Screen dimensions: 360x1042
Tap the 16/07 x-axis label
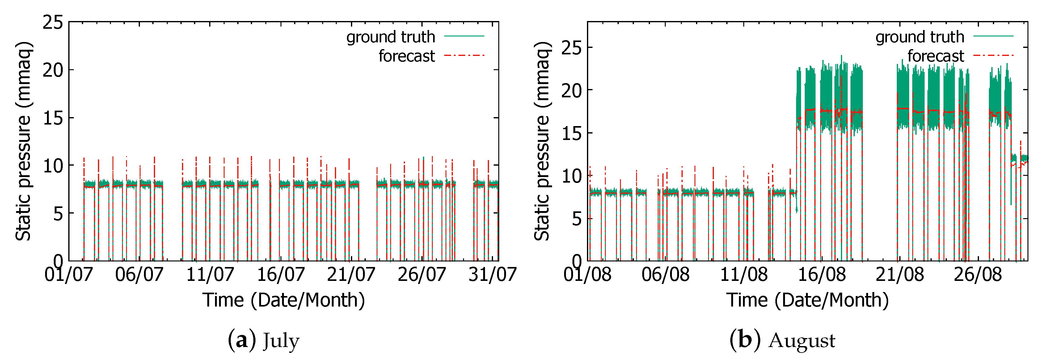(281, 275)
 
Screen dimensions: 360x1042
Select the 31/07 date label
(492, 275)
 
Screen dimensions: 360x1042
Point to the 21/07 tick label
(351, 275)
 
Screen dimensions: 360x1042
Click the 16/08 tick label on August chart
(821, 275)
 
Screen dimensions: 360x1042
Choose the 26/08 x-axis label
(978, 275)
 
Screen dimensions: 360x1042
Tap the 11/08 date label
(744, 275)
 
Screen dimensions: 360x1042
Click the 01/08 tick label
(587, 275)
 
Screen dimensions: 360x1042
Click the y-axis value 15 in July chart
(53, 118)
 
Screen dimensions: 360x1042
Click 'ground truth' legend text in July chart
(390, 37)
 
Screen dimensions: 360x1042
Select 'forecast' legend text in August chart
(936, 56)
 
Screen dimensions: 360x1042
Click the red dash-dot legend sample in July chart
(464, 55)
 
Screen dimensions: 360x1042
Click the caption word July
(281, 341)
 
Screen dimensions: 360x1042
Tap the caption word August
(802, 341)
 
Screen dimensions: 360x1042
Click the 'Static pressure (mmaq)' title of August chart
(542, 141)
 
